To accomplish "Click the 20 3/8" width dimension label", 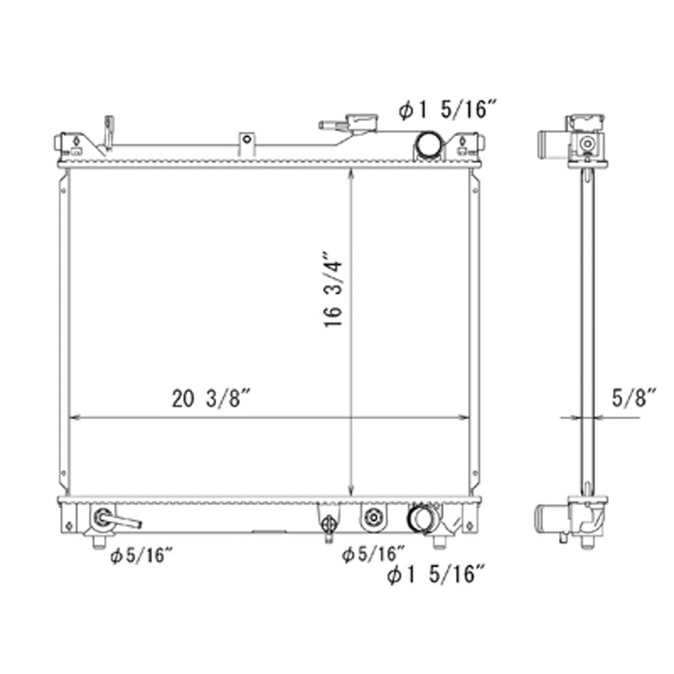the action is (x=211, y=398).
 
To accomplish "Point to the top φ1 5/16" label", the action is (x=448, y=109).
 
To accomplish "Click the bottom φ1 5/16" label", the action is (x=436, y=574).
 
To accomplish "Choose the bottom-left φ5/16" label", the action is (x=142, y=556).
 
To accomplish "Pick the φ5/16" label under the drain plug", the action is (x=373, y=554).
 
